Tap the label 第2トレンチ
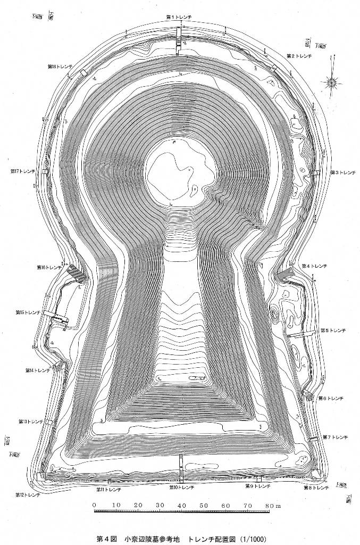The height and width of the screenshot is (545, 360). pos(299,55)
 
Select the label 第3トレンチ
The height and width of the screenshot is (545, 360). pos(344,172)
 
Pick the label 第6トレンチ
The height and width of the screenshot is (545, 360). pos(332,398)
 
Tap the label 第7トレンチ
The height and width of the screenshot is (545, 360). pos(336,437)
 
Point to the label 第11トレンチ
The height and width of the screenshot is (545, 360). pos(109,489)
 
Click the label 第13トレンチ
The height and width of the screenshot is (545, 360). pos(31,422)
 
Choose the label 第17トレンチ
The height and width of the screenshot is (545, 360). pos(23,171)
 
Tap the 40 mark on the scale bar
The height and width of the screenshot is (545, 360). pos(182,505)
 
